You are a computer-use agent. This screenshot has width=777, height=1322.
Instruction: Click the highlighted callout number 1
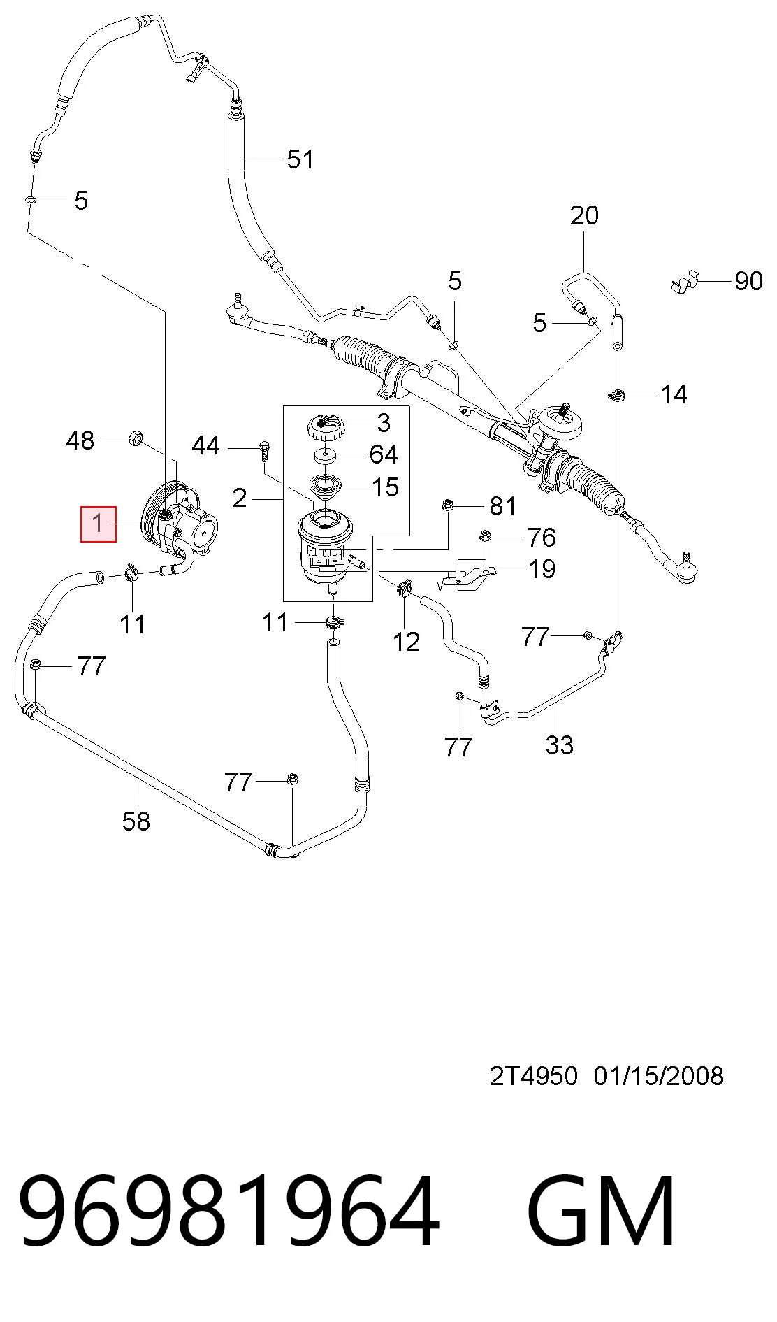tap(99, 523)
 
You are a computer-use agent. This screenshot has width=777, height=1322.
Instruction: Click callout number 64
tap(384, 454)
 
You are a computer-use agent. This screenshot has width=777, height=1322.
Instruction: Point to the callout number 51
tap(300, 159)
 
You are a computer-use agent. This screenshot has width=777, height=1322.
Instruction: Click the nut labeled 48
tap(136, 440)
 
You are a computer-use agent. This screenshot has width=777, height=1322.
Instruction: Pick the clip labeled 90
tap(684, 281)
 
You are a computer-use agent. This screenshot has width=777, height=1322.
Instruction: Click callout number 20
tap(584, 215)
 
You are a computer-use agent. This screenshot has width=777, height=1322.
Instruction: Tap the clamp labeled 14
tap(616, 396)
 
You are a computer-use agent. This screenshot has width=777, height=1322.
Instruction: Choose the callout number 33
tap(560, 745)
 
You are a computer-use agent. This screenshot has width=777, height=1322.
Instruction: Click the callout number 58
tap(136, 821)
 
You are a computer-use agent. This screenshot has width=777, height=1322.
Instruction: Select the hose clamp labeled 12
tap(403, 589)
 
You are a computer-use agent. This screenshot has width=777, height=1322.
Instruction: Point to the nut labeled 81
tap(447, 505)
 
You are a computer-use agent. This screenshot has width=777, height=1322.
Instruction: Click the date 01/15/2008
tap(659, 1076)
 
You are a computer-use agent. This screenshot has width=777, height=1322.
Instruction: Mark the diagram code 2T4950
tap(534, 1076)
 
